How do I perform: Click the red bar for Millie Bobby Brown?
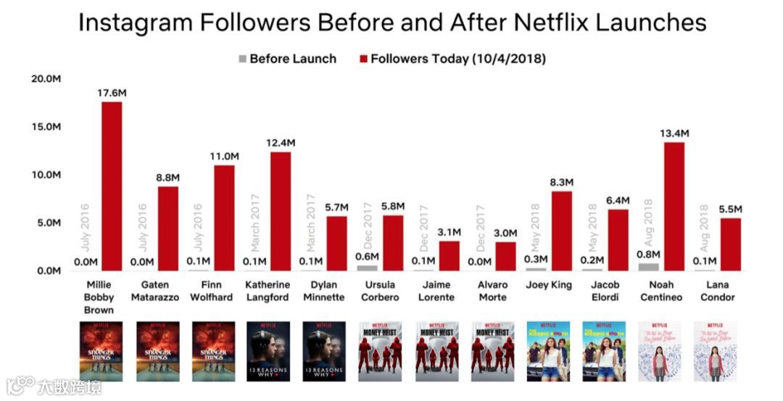(x=112, y=186)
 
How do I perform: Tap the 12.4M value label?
(x=280, y=143)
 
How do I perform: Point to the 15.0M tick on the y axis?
(x=45, y=127)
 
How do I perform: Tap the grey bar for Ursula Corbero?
(x=367, y=268)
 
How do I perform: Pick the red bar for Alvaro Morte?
(x=505, y=256)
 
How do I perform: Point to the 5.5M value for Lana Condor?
(x=729, y=210)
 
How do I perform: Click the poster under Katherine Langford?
(x=268, y=352)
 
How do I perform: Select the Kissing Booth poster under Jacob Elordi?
(x=603, y=352)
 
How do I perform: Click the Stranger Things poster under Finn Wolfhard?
(x=213, y=352)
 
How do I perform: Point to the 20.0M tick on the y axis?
(x=45, y=78)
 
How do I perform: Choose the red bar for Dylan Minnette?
(x=336, y=244)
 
